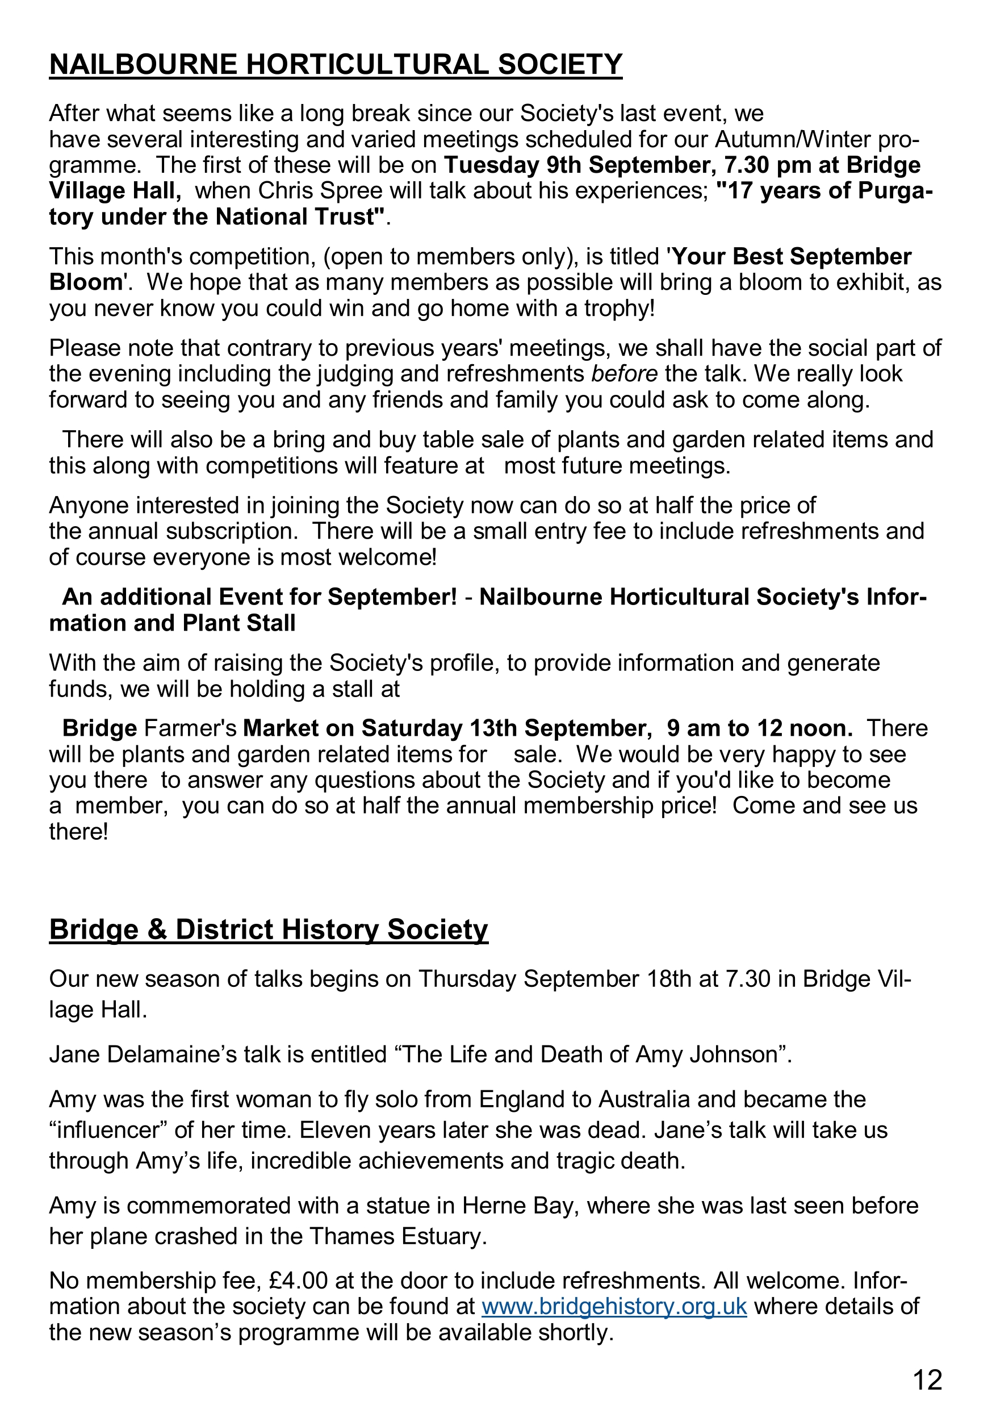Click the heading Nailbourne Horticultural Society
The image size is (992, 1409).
click(x=336, y=65)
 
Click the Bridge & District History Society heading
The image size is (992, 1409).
click(x=268, y=929)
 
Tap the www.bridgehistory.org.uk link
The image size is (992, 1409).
click(x=614, y=1306)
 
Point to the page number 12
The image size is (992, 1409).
click(x=927, y=1380)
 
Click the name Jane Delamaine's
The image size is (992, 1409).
click(x=144, y=1054)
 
